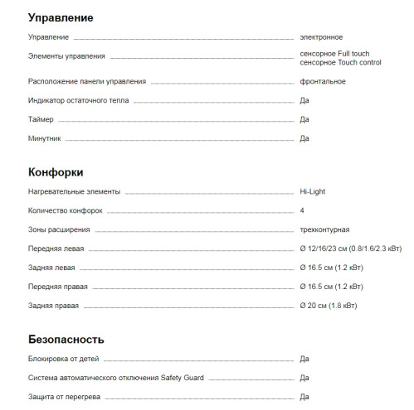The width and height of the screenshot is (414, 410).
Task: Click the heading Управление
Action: pos(61,17)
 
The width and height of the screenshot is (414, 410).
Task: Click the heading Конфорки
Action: pos(56,172)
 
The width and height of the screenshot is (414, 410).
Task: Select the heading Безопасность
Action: pos(66,340)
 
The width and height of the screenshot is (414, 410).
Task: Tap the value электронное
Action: pos(321,37)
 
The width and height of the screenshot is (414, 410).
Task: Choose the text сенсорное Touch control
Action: pos(340,62)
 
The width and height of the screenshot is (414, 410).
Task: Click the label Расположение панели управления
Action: pos(87,81)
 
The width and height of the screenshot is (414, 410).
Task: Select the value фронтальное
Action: pos(323,81)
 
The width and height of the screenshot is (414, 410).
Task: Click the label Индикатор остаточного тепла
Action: pos(78,100)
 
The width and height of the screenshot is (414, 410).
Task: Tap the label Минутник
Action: pos(44,138)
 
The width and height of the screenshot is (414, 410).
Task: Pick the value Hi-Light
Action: pos(314,191)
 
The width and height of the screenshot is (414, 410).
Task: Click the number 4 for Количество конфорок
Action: pos(302,210)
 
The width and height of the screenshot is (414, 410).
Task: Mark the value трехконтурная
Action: pos(324,229)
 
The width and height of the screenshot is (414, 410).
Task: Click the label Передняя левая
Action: pos(56,248)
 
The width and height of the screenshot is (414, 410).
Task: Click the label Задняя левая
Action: pos(51,268)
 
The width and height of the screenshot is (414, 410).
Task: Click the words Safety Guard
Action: pos(181,378)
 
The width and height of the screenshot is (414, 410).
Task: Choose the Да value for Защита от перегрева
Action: pos(304,397)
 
